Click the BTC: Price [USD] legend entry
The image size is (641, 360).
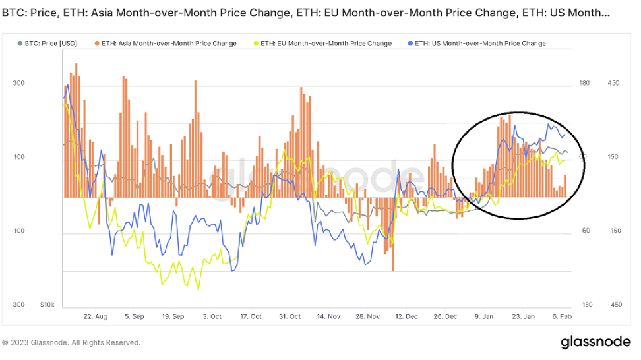pyautogui.click(x=50, y=44)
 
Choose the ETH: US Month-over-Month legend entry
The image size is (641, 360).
pyautogui.click(x=485, y=44)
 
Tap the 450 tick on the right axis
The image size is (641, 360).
pyautogui.click(x=613, y=83)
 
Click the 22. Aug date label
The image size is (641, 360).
pyautogui.click(x=95, y=316)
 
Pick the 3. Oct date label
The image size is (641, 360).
pyautogui.click(x=212, y=316)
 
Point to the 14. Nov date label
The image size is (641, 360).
pyautogui.click(x=328, y=316)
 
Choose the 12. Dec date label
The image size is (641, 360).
pyautogui.click(x=407, y=316)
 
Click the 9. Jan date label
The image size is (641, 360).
pyautogui.click(x=485, y=316)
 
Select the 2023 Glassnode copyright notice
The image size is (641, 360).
pyautogui.click(x=71, y=343)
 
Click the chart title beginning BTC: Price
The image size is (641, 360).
pyautogui.click(x=309, y=13)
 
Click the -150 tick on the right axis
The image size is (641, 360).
pyautogui.click(x=613, y=231)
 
